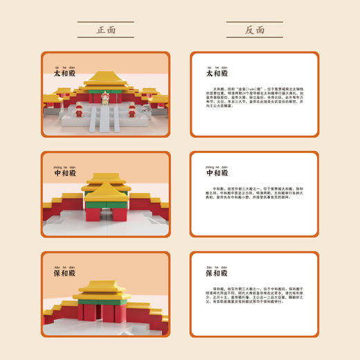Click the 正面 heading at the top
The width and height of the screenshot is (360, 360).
(106, 30)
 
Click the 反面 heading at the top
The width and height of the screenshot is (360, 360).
(254, 30)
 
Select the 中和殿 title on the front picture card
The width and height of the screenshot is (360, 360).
(63, 173)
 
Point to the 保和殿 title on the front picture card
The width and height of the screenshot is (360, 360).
(63, 273)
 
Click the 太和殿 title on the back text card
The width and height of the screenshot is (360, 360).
(216, 73)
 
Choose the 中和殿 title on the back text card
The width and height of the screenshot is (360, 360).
(216, 173)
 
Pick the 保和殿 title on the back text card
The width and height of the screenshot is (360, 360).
(216, 273)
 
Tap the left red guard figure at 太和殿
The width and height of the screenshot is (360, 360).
(78, 109)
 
